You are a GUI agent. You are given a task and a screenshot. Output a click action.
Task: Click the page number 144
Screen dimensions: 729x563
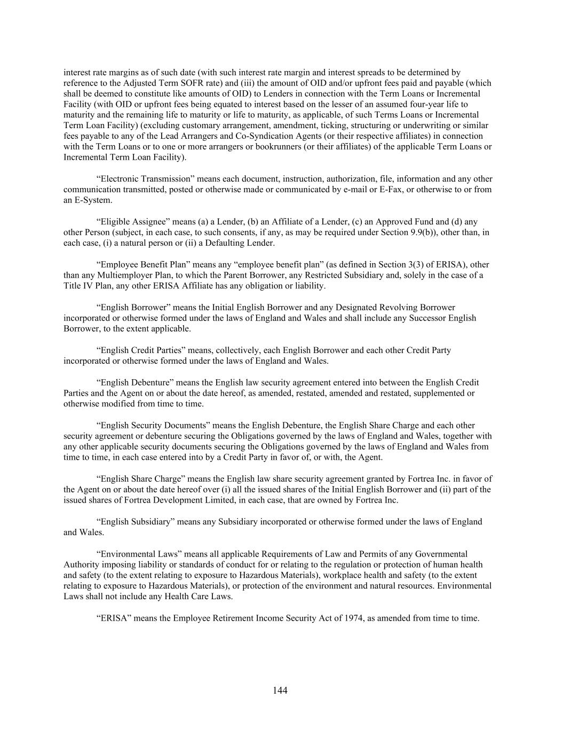pyautogui.click(x=280, y=691)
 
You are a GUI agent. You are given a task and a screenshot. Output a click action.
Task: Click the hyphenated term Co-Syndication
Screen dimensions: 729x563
pyautogui.click(x=260, y=136)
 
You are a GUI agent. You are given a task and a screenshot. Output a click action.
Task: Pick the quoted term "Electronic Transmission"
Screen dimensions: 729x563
pyautogui.click(x=144, y=179)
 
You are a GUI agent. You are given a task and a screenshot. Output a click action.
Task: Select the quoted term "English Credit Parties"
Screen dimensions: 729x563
pyautogui.click(x=139, y=350)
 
